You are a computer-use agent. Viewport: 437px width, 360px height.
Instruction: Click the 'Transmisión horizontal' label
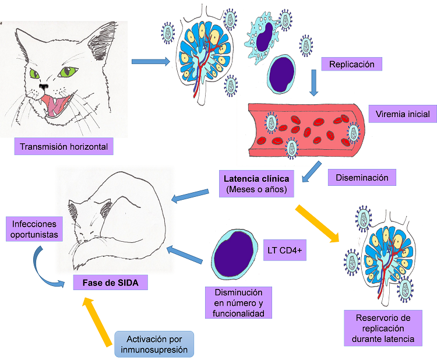(x=64, y=146)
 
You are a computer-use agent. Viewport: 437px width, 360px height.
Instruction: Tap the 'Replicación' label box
(x=351, y=64)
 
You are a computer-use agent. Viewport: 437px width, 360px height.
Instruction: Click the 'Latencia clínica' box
(x=256, y=182)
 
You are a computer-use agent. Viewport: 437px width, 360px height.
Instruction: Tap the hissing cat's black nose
(x=44, y=86)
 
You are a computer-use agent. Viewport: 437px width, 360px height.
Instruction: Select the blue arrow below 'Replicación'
(x=315, y=83)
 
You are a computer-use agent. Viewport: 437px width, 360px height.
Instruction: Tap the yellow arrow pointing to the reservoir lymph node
(x=318, y=222)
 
